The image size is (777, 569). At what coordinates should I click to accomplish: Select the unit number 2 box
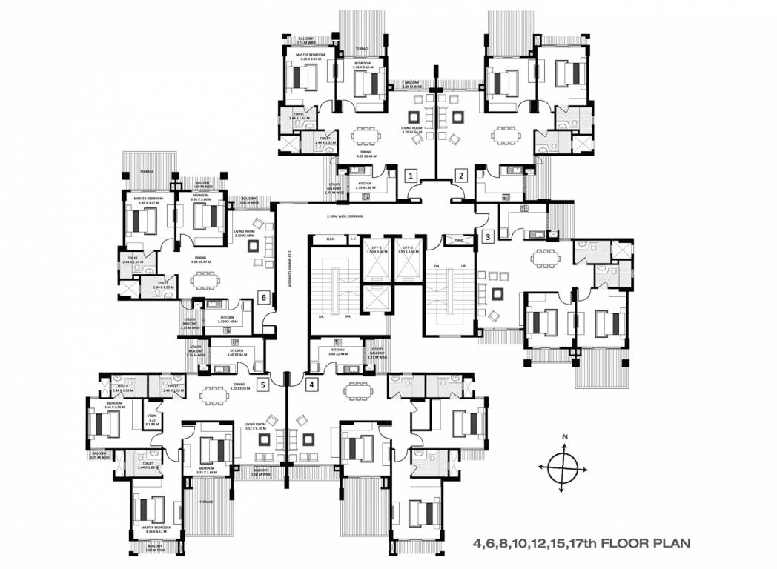pyautogui.click(x=461, y=176)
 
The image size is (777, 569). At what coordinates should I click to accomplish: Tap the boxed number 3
pyautogui.click(x=487, y=237)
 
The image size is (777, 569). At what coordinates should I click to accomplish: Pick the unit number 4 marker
pyautogui.click(x=311, y=385)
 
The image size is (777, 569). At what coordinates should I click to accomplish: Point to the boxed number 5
pyautogui.click(x=262, y=385)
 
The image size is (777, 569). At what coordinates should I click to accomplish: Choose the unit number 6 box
pyautogui.click(x=262, y=298)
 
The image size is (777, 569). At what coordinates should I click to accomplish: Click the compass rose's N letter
pyautogui.click(x=564, y=437)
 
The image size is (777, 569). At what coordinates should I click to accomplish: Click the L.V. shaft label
pyautogui.click(x=354, y=239)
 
